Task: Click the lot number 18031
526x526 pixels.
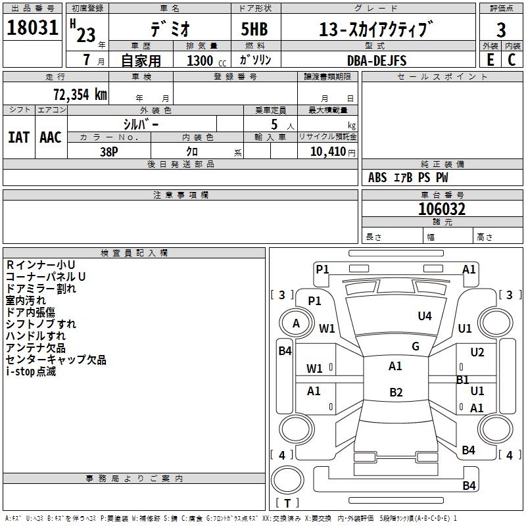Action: [32, 27]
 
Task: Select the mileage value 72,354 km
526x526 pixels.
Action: [80, 94]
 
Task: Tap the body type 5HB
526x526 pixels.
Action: [254, 29]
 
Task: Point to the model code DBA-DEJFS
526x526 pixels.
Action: [377, 60]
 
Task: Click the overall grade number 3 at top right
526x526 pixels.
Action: [501, 30]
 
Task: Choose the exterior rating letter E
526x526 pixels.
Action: [490, 60]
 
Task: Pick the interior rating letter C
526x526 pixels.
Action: [512, 60]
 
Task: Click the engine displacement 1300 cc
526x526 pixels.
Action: [206, 60]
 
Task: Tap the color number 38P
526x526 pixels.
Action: [109, 152]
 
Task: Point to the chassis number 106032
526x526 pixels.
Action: [442, 209]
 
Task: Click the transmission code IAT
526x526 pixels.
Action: [19, 137]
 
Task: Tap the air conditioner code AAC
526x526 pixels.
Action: [51, 137]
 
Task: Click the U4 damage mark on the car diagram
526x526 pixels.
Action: [425, 316]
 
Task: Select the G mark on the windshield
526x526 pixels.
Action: [416, 346]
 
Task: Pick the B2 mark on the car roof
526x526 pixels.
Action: [396, 392]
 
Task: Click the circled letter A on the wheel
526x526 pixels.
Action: [296, 323]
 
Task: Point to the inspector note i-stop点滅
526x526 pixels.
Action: [31, 371]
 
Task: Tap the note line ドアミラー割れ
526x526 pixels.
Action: [41, 289]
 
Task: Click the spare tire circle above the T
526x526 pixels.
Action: [287, 479]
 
